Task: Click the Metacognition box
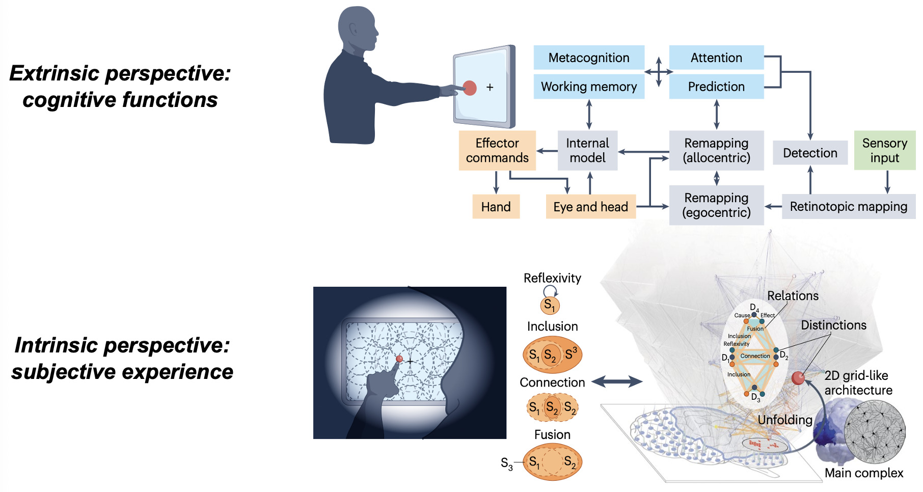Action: point(589,58)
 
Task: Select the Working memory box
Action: point(589,87)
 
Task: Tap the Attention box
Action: point(716,58)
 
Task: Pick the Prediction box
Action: point(716,87)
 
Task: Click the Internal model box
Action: point(587,150)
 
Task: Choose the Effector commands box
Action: point(497,150)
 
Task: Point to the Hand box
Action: point(496,207)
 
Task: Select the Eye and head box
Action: point(590,207)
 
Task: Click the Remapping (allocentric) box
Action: point(716,150)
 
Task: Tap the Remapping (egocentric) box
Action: point(716,205)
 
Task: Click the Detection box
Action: point(810,153)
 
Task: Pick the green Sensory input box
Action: point(884,150)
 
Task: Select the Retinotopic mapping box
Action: point(848,206)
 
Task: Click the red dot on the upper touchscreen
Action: point(469,88)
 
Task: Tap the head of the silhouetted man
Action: point(358,28)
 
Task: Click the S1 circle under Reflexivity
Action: point(550,306)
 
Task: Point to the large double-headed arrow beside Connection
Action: point(616,381)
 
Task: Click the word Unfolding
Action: point(784,420)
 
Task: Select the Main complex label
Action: point(864,473)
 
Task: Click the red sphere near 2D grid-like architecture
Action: point(798,378)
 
